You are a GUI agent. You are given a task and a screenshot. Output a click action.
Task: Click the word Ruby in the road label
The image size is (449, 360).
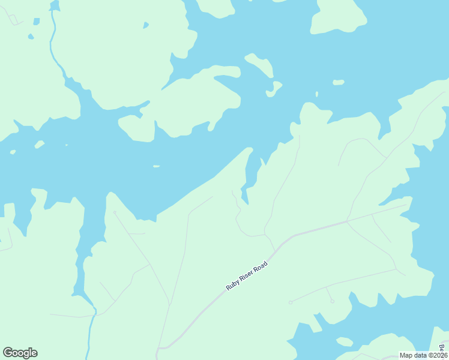click(232, 286)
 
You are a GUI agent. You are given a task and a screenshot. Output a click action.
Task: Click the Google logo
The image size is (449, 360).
click(20, 353)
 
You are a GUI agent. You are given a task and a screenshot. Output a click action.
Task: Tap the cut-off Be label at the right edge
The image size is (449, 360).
click(442, 348)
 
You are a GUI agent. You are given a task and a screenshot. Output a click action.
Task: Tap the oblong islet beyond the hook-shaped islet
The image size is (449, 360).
click(339, 82)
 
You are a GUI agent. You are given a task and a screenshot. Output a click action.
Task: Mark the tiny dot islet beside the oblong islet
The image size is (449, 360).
click(317, 94)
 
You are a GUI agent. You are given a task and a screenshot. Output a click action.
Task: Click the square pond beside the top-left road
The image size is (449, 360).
click(37, 22)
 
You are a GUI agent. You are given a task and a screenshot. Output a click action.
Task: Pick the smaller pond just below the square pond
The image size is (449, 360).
click(31, 36)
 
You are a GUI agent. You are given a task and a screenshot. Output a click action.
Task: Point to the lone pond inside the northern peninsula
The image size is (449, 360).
click(145, 26)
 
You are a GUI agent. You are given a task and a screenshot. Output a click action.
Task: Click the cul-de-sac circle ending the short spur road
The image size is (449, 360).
click(332, 301)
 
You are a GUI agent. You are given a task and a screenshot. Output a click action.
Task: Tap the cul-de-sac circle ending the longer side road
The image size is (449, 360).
click(290, 302)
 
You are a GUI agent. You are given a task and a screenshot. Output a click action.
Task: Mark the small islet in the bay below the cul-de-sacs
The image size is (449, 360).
click(345, 342)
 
